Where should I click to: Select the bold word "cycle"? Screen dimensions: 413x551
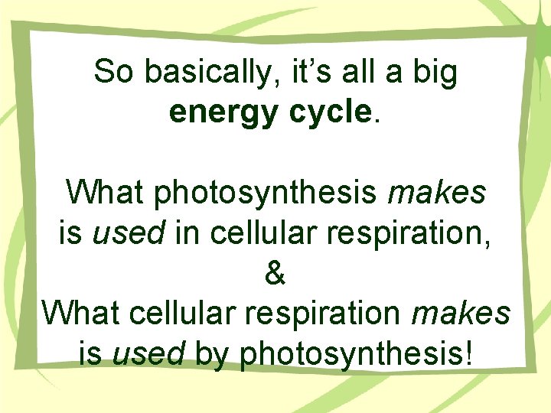[331, 112]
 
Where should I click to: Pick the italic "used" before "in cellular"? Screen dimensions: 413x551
[127, 233]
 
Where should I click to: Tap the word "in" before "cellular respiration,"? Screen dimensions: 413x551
[186, 233]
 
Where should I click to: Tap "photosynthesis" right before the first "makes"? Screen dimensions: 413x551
[266, 193]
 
